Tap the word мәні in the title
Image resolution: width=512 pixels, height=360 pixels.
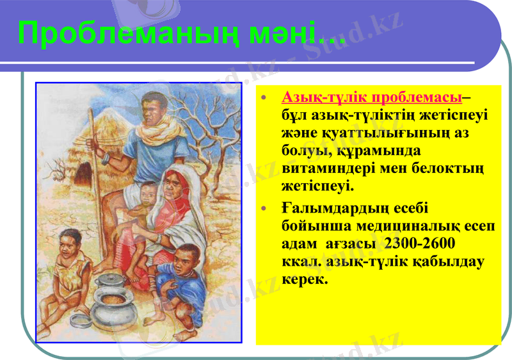pyautogui.click(x=285, y=34)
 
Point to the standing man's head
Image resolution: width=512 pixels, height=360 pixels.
pyautogui.click(x=154, y=106)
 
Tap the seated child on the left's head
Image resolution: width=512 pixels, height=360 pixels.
pyautogui.click(x=70, y=244)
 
